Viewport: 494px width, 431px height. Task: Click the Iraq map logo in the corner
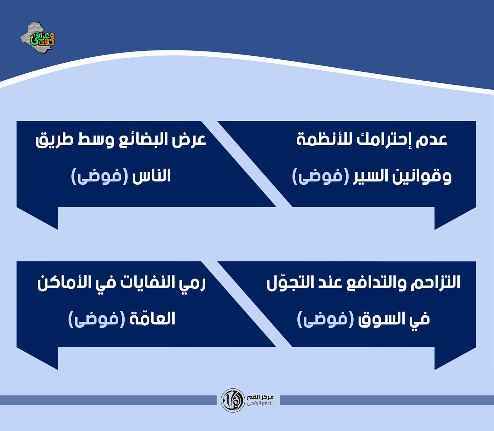(x=37, y=37)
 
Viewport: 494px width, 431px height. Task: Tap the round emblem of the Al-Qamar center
(x=233, y=400)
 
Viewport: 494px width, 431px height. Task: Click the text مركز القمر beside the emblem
(x=260, y=397)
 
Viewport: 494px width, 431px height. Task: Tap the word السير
(x=370, y=176)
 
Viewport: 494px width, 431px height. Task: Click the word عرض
(x=189, y=140)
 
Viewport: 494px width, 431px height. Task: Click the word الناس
(x=151, y=175)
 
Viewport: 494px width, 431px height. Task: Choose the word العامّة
(x=152, y=318)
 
